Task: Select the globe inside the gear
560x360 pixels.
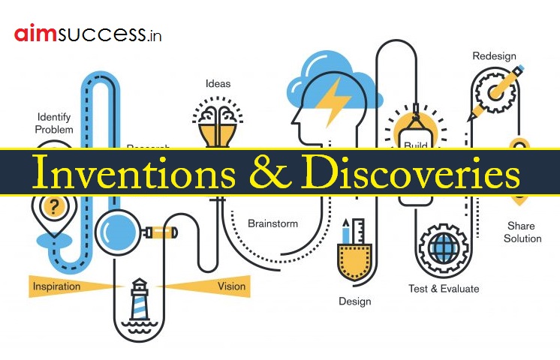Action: pos(443,247)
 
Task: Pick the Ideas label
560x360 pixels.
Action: pos(218,83)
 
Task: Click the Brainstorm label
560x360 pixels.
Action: pos(272,223)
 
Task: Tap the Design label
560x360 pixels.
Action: pos(354,301)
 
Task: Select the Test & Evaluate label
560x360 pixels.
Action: pos(443,288)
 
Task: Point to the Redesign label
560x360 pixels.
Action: pos(494,56)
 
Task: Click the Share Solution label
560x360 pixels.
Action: pos(523,232)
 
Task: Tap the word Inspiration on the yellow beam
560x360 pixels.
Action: pos(57,286)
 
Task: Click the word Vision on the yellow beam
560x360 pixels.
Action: pos(231,286)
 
